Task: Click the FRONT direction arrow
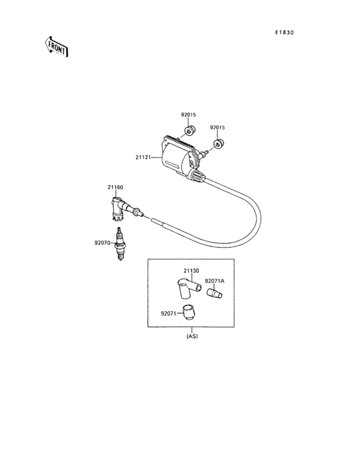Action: pos(57,46)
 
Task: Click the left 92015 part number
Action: pos(188,115)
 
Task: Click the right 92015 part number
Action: pos(218,127)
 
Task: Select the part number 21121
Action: pos(143,157)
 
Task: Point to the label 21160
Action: pos(115,187)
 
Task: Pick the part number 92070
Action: pos(102,243)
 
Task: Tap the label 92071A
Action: pos(215,281)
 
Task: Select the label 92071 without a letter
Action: pos(168,313)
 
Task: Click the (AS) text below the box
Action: pos(192,337)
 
